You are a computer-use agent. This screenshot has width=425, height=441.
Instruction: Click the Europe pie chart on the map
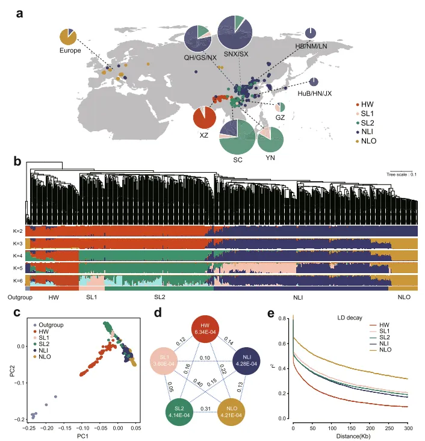point(67,37)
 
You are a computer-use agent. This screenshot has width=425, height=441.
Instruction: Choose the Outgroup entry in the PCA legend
point(51,325)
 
